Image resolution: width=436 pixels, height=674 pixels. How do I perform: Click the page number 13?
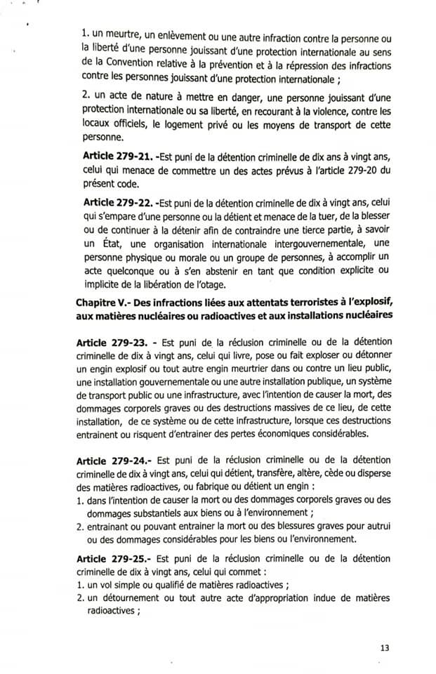click(x=383, y=647)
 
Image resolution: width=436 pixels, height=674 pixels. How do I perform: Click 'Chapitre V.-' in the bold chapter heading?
click(x=105, y=301)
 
